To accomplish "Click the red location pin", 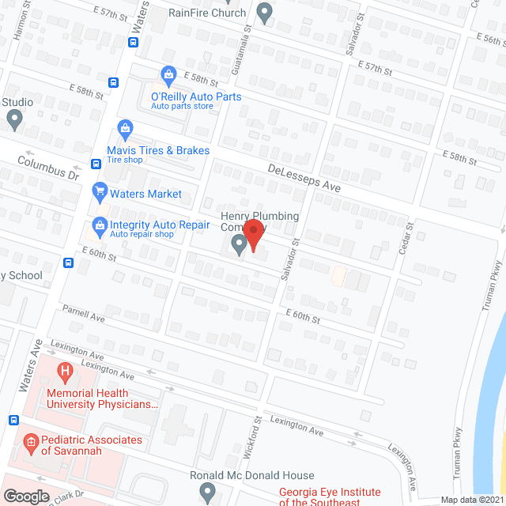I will point(253,235).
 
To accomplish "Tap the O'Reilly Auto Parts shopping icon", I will point(168,76).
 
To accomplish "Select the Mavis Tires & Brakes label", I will point(158,150).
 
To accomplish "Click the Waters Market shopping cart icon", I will point(100,191).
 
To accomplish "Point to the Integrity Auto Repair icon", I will point(100,226).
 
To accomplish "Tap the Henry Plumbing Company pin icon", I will point(240,247).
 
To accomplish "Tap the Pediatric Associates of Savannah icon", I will point(31,441).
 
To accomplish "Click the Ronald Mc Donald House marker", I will point(207,492).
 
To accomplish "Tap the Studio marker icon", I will point(13,119).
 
